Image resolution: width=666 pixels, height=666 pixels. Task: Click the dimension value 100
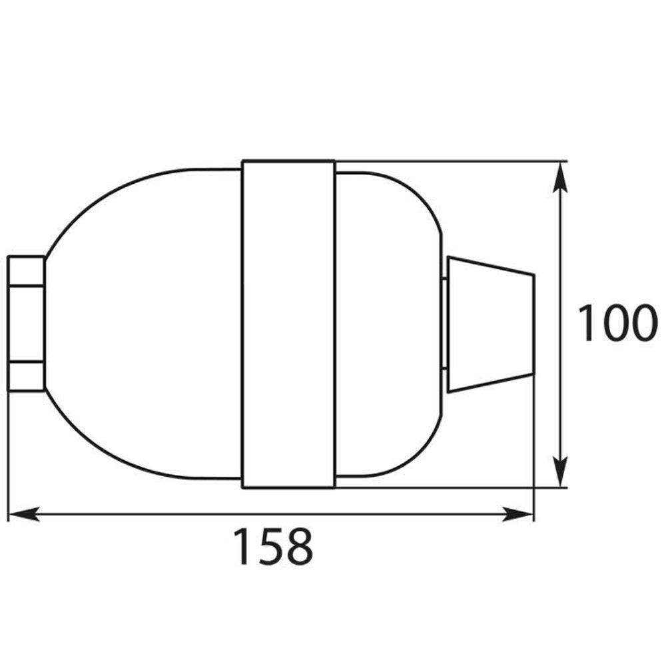pos(613,324)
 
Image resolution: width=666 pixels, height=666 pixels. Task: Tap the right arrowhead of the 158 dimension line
pos(519,514)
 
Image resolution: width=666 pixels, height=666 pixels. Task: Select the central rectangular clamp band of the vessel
pos(288,324)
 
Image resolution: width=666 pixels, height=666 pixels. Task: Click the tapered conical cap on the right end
pos(492,324)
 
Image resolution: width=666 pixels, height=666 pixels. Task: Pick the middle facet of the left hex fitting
pos(26,324)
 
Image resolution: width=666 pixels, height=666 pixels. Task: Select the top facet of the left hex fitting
pos(26,271)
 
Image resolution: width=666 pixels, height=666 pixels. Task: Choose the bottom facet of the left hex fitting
pos(26,376)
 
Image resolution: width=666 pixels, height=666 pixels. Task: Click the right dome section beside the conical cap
pos(386,324)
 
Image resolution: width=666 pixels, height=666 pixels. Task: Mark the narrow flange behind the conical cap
pos(444,324)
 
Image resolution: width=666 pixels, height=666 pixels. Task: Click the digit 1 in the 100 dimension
pos(586,324)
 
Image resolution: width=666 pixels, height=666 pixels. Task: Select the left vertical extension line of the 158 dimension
pos(7,453)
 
